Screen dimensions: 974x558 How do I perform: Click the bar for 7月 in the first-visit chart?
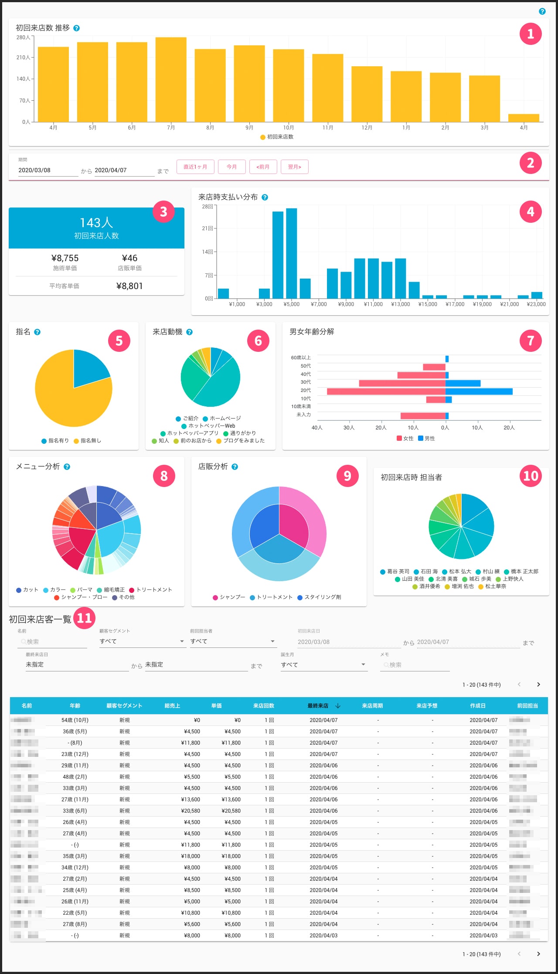point(171,79)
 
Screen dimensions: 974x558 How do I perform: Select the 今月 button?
point(231,167)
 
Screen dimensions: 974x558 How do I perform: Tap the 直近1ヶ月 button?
point(195,167)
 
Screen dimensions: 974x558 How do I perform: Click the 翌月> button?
point(295,167)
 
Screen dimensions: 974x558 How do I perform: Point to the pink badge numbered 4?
point(530,211)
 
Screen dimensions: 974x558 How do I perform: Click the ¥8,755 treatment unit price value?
point(65,258)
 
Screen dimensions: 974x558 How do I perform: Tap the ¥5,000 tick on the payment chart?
point(292,304)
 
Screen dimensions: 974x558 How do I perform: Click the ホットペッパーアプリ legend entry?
point(190,433)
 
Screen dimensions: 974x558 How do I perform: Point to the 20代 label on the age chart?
point(306,390)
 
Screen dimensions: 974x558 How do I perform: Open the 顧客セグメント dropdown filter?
point(142,641)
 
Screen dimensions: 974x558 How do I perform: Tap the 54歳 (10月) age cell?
point(75,720)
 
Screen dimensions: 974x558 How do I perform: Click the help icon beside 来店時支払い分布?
point(265,198)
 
